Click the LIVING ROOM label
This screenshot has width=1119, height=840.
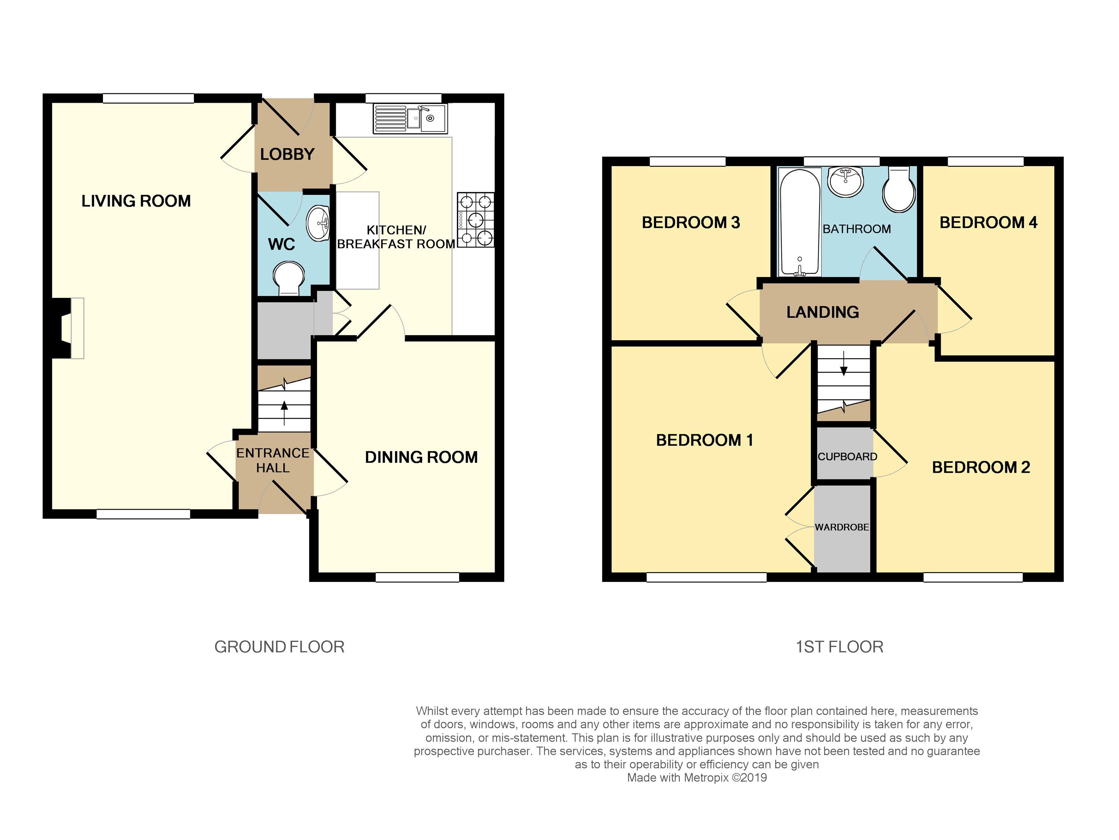point(136,201)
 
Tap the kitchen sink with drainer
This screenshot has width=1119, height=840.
point(410,119)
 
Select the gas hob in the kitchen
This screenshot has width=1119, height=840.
point(476,220)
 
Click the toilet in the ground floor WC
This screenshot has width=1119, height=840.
point(289,278)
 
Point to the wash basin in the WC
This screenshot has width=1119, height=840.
point(318,223)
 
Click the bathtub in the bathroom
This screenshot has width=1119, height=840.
point(800,222)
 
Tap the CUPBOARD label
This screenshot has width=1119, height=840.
point(847,457)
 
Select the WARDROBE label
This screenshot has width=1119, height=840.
point(842,527)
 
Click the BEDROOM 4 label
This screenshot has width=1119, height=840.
point(988,222)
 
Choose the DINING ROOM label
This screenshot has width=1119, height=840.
point(421,457)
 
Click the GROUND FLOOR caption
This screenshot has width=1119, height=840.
point(279,647)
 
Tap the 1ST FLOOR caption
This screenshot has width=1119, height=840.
point(840,647)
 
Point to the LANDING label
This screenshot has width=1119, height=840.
point(822,312)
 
